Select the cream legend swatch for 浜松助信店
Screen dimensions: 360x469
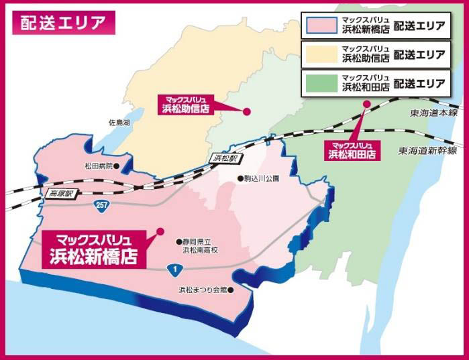coord(321,54)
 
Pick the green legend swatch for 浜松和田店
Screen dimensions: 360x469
coord(321,83)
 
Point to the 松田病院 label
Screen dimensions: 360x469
coord(97,165)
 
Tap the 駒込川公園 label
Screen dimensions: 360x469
coord(262,179)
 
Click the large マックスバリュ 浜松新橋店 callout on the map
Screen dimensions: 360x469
coord(94,248)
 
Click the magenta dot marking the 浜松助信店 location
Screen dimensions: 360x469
coord(246,111)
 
